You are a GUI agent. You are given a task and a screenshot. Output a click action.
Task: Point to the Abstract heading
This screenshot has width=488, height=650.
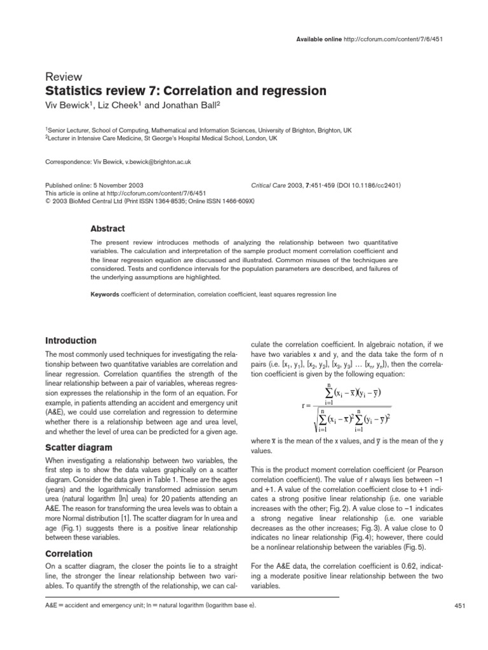point(107,229)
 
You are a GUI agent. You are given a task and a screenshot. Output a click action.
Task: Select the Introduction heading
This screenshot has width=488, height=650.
point(71,341)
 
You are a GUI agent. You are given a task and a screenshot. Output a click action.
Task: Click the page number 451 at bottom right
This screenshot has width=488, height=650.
point(461,607)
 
